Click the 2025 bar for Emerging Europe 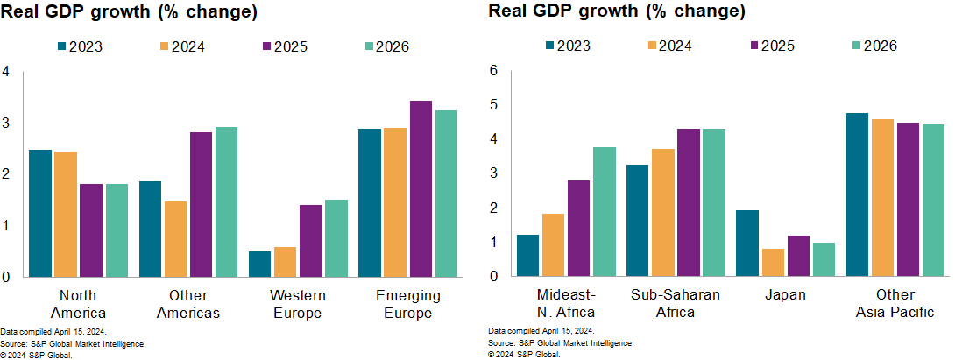tap(421, 189)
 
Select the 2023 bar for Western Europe tap(259, 264)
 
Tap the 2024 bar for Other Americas tap(175, 239)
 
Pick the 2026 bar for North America tap(117, 230)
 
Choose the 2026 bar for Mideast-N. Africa tap(604, 212)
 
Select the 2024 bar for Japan tap(773, 263)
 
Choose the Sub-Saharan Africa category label tap(676, 304)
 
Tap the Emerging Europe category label tap(407, 304)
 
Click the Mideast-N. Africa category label tap(566, 304)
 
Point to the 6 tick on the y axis tap(493, 70)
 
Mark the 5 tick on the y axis tap(493, 105)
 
